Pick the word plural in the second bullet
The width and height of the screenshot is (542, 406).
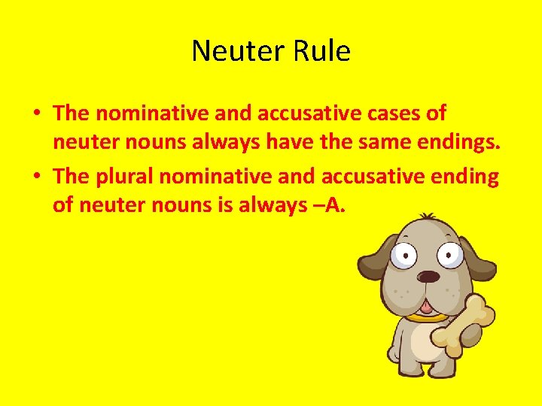pyautogui.click(x=125, y=177)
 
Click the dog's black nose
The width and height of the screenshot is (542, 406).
pyautogui.click(x=428, y=276)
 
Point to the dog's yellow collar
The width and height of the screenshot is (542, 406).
pyautogui.click(x=425, y=317)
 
